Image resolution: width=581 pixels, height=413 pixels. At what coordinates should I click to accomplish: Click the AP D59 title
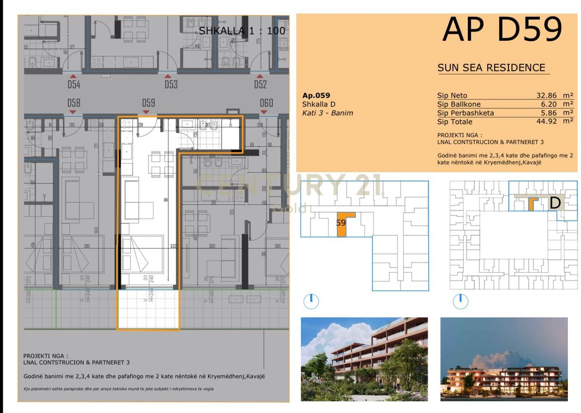point(502,30)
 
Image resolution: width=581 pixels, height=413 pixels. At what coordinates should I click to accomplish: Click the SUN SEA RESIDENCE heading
point(491,68)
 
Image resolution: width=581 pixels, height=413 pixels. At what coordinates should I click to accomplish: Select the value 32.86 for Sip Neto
point(547,96)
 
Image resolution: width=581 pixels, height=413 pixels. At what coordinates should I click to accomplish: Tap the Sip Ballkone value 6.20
point(549,104)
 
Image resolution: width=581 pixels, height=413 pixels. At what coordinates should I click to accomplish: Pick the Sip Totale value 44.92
point(547,122)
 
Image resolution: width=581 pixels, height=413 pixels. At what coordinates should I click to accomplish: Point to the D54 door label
point(74,84)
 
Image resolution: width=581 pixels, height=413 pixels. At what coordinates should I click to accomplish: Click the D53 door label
point(171,84)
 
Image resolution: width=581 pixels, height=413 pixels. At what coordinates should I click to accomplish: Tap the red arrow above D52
point(260,77)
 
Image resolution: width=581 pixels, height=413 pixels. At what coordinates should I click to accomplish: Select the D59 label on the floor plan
point(148,103)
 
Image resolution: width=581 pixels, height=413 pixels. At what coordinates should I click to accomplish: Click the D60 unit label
point(266,103)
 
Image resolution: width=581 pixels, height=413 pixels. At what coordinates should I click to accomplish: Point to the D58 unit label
point(74,103)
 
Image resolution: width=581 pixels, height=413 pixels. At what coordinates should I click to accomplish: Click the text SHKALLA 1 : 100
point(242,31)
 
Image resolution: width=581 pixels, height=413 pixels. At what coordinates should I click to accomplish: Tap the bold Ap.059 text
point(316,95)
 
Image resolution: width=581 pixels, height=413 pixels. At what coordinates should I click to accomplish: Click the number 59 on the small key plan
point(341,223)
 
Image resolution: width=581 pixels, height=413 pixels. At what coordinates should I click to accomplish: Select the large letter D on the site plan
point(555,203)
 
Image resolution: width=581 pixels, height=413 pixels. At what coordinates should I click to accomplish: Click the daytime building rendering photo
point(364,359)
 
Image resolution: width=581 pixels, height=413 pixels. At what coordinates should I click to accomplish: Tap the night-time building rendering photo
point(504,359)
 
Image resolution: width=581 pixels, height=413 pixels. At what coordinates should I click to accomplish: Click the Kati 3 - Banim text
point(327,113)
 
